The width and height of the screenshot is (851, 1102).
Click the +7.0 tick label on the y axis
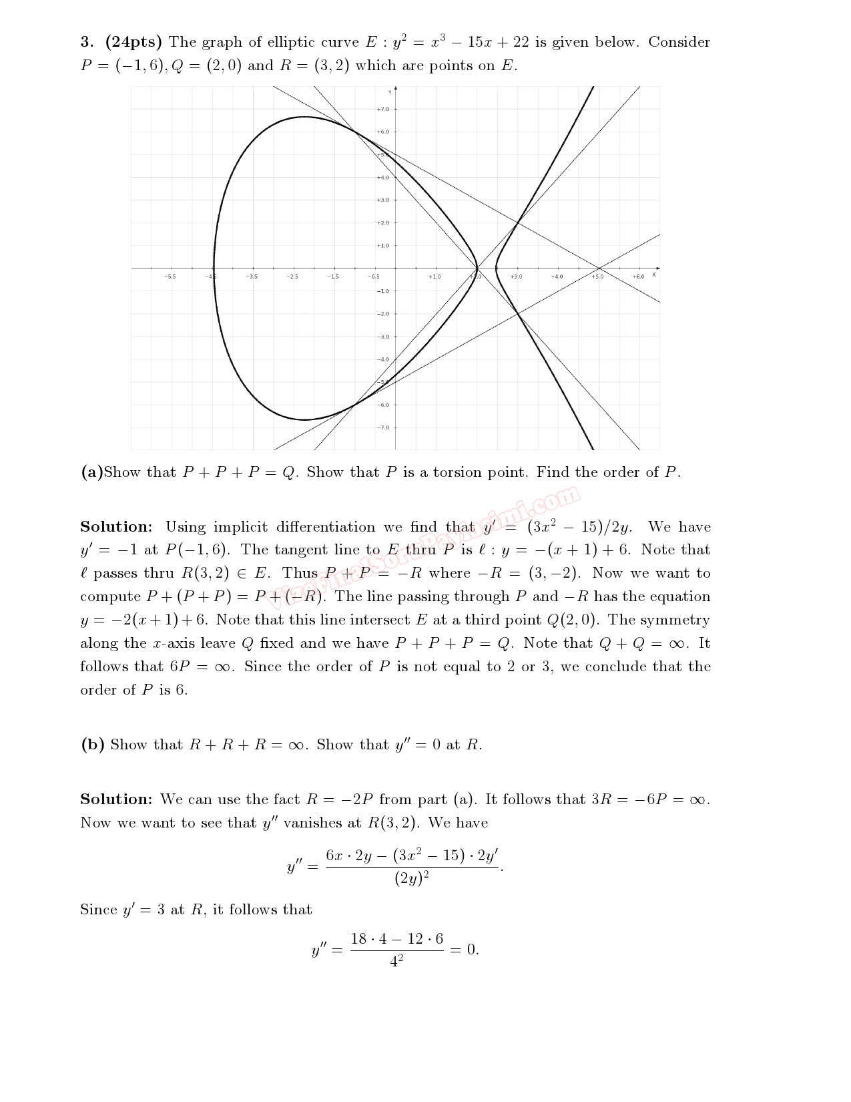[382, 109]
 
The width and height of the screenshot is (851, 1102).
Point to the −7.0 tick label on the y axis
[382, 427]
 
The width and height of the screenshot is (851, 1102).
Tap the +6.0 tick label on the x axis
[638, 277]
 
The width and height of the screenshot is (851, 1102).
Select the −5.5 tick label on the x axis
[170, 277]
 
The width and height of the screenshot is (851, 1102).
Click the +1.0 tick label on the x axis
[435, 277]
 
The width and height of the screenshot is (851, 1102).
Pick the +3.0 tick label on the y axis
[382, 200]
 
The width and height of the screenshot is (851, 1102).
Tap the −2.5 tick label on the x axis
[292, 277]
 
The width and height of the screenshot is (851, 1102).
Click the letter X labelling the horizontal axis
[654, 274]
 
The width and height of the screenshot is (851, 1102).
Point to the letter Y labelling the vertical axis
[390, 91]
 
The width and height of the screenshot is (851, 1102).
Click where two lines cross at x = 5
[598, 268]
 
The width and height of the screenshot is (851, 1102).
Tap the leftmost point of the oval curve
[214, 268]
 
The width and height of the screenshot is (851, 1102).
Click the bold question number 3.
[87, 42]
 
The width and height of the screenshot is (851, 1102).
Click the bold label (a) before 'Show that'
[91, 472]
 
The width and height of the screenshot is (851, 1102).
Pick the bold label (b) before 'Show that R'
[92, 745]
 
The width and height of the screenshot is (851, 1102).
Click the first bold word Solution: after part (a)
[116, 527]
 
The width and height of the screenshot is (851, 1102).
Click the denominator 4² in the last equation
[396, 962]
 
